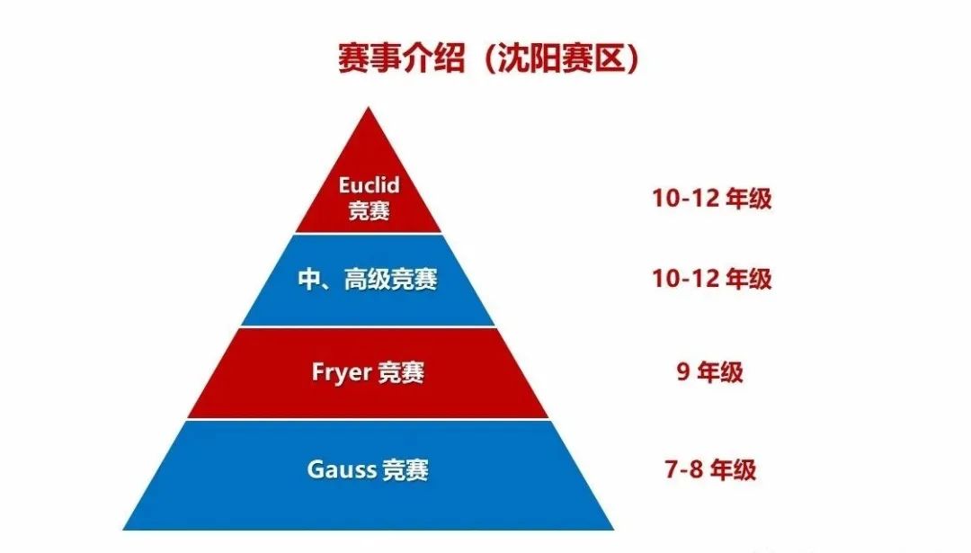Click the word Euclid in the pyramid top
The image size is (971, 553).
pos(370,185)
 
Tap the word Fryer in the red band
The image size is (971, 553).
pos(342,372)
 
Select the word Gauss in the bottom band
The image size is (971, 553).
pos(342,468)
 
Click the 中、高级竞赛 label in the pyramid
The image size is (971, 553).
pos(368,280)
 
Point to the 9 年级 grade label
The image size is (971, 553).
pos(709,372)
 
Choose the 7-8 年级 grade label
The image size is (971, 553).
pos(710,469)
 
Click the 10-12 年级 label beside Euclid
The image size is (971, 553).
pos(711,199)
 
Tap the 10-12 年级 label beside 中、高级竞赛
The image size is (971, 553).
pos(711,279)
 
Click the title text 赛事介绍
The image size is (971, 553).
pos(401,59)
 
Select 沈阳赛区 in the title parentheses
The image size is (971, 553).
pos(559,59)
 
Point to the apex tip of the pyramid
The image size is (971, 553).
pos(370,107)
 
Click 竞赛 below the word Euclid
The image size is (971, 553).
pos(370,210)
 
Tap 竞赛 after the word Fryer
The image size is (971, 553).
pos(401,372)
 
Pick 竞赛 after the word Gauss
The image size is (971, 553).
pos(405,469)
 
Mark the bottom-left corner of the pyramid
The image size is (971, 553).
pos(122,530)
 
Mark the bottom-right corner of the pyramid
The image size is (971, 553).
pos(614,530)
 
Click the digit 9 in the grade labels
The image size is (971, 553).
pos(683,372)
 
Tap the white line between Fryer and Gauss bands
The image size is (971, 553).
pos(369,419)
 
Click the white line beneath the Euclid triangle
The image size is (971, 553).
pos(370,234)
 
